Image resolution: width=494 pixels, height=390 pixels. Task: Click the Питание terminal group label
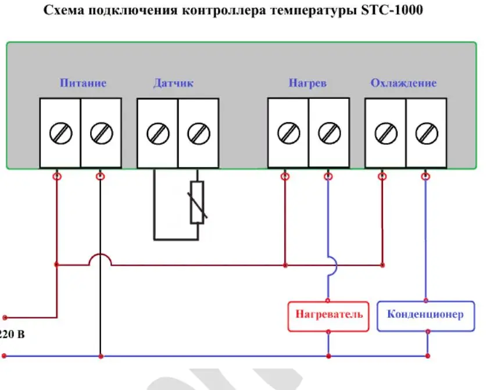83,83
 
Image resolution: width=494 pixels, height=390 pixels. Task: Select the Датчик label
173,83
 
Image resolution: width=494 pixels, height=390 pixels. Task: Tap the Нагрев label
307,83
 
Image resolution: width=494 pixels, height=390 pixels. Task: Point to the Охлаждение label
403,83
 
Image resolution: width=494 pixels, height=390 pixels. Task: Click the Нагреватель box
329,315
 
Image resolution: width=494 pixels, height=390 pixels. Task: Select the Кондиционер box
425,315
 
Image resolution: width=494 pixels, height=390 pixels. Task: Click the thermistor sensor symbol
198,202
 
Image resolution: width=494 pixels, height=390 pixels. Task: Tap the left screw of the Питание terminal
60,133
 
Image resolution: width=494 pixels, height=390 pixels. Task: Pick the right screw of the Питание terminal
101,133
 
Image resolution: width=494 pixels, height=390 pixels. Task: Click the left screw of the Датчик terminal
157,133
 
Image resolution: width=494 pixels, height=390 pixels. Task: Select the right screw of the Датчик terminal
198,133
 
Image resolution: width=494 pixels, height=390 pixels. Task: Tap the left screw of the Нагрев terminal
288,133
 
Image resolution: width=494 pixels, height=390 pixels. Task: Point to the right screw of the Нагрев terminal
329,133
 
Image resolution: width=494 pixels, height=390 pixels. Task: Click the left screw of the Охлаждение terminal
385,133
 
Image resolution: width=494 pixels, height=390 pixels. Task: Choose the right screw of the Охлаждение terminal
426,133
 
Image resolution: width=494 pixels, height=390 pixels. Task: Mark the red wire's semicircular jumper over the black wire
100,259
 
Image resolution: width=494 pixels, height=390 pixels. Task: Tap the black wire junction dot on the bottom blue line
101,356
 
